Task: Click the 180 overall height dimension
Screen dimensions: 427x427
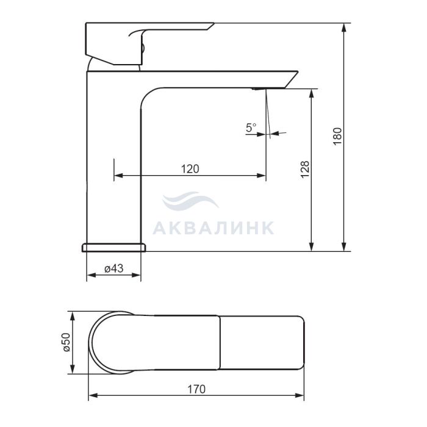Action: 337,136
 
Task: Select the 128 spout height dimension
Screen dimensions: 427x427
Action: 305,169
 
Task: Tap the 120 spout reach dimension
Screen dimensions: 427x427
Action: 190,169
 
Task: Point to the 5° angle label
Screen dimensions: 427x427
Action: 251,127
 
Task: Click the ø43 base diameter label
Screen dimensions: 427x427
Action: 114,268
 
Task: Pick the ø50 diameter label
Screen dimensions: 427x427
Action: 66,342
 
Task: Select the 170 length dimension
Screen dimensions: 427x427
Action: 196,389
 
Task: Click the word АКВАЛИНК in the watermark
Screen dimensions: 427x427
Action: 213,228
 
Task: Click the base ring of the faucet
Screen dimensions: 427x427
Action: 113,247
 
